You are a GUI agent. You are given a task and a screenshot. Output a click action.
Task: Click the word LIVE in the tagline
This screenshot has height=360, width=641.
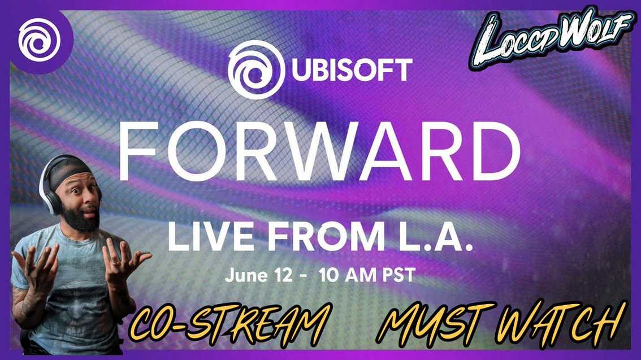pyautogui.click(x=206, y=237)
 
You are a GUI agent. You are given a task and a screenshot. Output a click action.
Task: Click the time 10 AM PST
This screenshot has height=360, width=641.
pyautogui.click(x=367, y=276)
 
